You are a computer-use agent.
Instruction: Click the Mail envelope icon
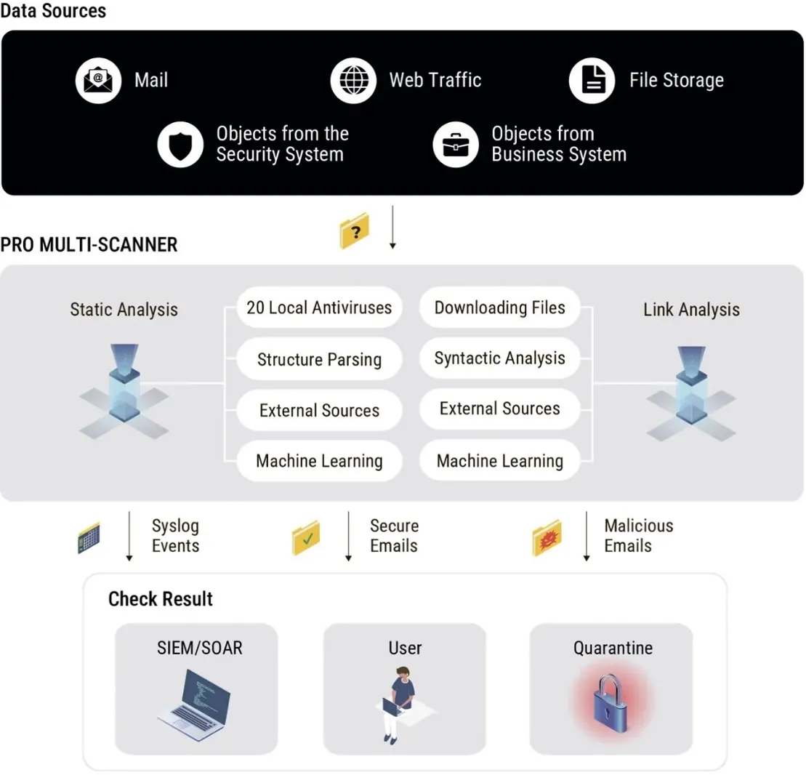(x=98, y=81)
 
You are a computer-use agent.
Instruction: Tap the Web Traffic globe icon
(x=354, y=81)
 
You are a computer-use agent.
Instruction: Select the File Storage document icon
(x=592, y=81)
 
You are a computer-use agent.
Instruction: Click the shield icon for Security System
(x=180, y=145)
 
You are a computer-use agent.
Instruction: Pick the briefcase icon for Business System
(x=456, y=145)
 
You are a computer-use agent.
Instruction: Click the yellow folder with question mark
(x=355, y=230)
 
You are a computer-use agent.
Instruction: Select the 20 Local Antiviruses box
(x=319, y=308)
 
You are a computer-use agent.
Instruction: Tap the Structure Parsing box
(x=319, y=359)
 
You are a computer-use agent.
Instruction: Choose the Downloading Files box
(x=499, y=308)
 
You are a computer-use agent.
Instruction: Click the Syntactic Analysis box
(x=499, y=358)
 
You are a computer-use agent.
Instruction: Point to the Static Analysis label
(x=124, y=310)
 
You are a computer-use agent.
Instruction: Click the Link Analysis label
(x=691, y=310)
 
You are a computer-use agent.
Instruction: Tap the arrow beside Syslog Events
(x=129, y=536)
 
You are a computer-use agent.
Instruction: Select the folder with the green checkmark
(x=306, y=538)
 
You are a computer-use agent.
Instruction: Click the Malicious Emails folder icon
(x=547, y=538)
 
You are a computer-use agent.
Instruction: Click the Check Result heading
(x=161, y=599)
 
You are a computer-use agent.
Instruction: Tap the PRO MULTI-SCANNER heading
(x=89, y=245)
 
